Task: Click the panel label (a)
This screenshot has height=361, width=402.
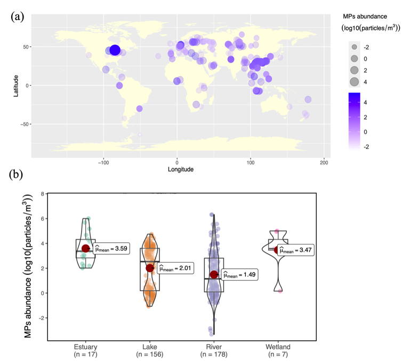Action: coord(17,16)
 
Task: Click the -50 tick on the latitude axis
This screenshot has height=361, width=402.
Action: coord(25,124)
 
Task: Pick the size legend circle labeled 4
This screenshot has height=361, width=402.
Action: coord(354,82)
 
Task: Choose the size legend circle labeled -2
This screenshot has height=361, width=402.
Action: coord(354,47)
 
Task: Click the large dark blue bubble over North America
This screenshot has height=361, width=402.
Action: coord(115,51)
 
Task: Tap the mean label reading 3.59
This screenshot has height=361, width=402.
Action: coord(111,248)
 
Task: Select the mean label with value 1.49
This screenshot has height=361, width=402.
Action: coord(239,275)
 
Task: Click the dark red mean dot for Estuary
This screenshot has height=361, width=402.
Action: coord(86,249)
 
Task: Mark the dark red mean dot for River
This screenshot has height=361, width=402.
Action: coord(214,275)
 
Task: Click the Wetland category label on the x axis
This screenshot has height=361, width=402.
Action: coord(278,347)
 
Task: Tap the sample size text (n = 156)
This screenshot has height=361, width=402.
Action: coord(150,354)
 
